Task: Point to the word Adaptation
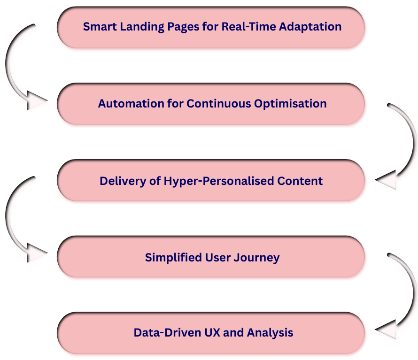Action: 310,27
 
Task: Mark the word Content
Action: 301,181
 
